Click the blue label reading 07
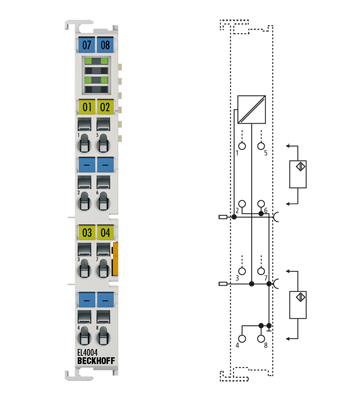[x=87, y=45]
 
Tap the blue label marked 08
[x=105, y=45]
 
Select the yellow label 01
[x=87, y=106]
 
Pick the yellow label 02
[x=105, y=106]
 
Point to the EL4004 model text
[x=88, y=350]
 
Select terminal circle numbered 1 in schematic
[x=240, y=141]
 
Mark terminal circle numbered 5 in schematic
[x=261, y=141]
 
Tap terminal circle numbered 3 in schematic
[x=240, y=266]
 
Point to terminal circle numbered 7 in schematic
[x=261, y=266]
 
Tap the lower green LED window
[x=96, y=82]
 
